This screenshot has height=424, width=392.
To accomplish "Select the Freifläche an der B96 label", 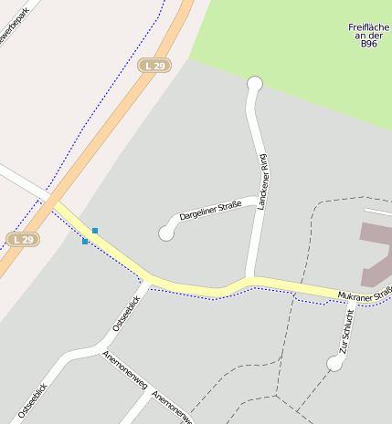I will click(368, 35).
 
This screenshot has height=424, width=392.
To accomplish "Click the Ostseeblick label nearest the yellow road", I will click(126, 313).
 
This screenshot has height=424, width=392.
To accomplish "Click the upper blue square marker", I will click(94, 231).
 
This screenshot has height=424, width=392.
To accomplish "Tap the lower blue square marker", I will click(85, 242).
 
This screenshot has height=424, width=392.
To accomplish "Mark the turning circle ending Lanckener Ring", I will click(255, 85).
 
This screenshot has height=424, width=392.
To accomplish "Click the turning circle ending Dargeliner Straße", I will click(166, 233).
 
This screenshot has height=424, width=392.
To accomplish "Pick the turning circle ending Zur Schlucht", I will click(334, 363).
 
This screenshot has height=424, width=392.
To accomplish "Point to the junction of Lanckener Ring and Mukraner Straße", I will click(249, 279).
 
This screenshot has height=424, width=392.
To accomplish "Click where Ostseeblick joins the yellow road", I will click(148, 280).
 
